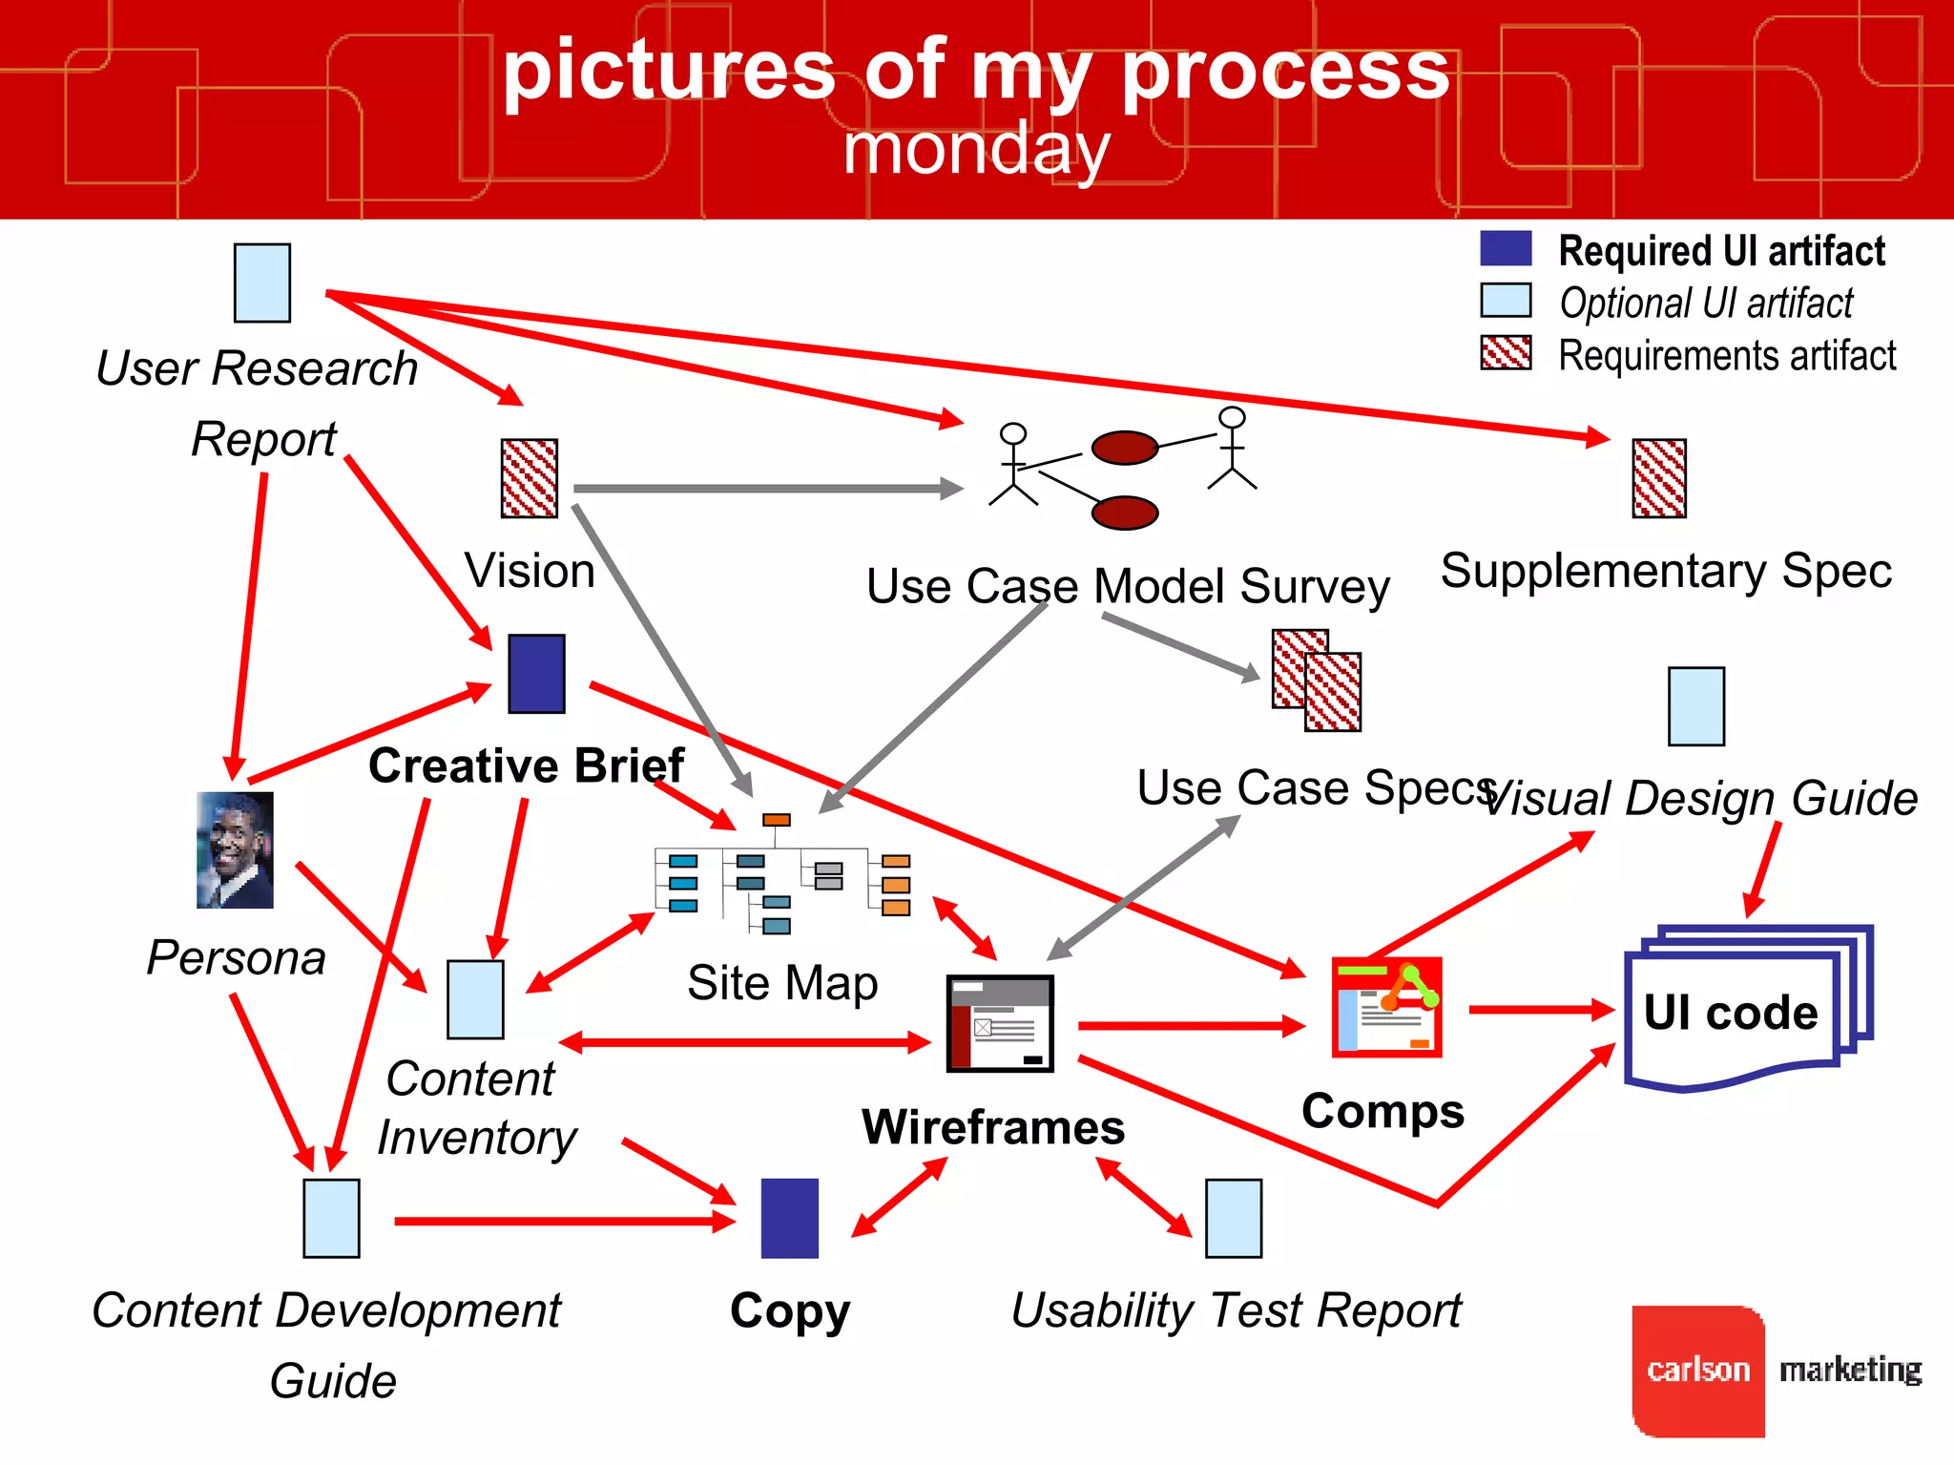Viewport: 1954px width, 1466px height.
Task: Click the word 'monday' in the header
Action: tap(976, 150)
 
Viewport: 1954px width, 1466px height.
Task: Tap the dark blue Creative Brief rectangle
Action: tap(536, 674)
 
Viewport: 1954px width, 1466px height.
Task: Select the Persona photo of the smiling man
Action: tap(235, 849)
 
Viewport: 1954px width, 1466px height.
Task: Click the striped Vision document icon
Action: tap(530, 478)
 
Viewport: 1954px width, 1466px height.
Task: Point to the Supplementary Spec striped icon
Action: tap(1659, 478)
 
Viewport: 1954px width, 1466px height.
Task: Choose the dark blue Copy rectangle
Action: tap(789, 1219)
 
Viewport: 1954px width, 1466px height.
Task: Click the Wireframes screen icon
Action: tap(1000, 1023)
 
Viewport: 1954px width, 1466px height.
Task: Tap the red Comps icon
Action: tap(1386, 1007)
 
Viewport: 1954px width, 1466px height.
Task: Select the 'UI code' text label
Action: tap(1730, 1013)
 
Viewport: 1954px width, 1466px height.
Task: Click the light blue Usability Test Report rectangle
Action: tap(1234, 1219)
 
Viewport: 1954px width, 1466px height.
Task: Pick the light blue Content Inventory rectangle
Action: tap(475, 999)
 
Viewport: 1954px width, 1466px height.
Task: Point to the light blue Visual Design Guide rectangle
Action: tap(1696, 706)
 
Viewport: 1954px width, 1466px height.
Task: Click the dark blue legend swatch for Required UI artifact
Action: tap(1506, 249)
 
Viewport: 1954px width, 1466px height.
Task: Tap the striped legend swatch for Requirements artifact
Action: tap(1506, 352)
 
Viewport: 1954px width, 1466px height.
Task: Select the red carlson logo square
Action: tap(1698, 1371)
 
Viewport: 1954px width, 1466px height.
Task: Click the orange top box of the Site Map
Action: tap(777, 820)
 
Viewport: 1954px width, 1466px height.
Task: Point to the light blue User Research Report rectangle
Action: tap(262, 283)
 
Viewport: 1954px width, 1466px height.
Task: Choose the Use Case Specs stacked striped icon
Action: tap(1317, 681)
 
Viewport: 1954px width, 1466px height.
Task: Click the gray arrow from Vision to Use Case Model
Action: tap(763, 489)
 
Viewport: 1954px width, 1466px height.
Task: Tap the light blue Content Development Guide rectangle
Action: tap(331, 1219)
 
